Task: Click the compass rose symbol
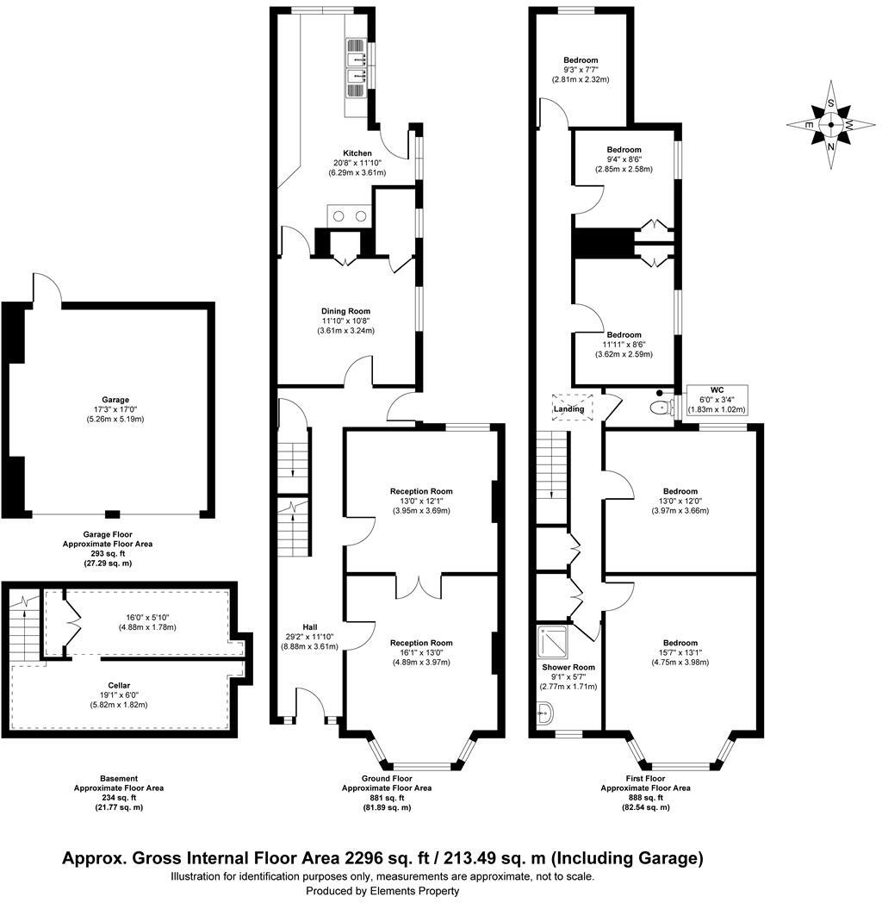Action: tap(830, 125)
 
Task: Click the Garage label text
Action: tap(115, 400)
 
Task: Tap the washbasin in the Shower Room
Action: tap(543, 713)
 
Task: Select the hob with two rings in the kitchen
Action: tap(347, 215)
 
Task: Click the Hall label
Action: tap(309, 626)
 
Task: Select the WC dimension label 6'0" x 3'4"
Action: tap(716, 400)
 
